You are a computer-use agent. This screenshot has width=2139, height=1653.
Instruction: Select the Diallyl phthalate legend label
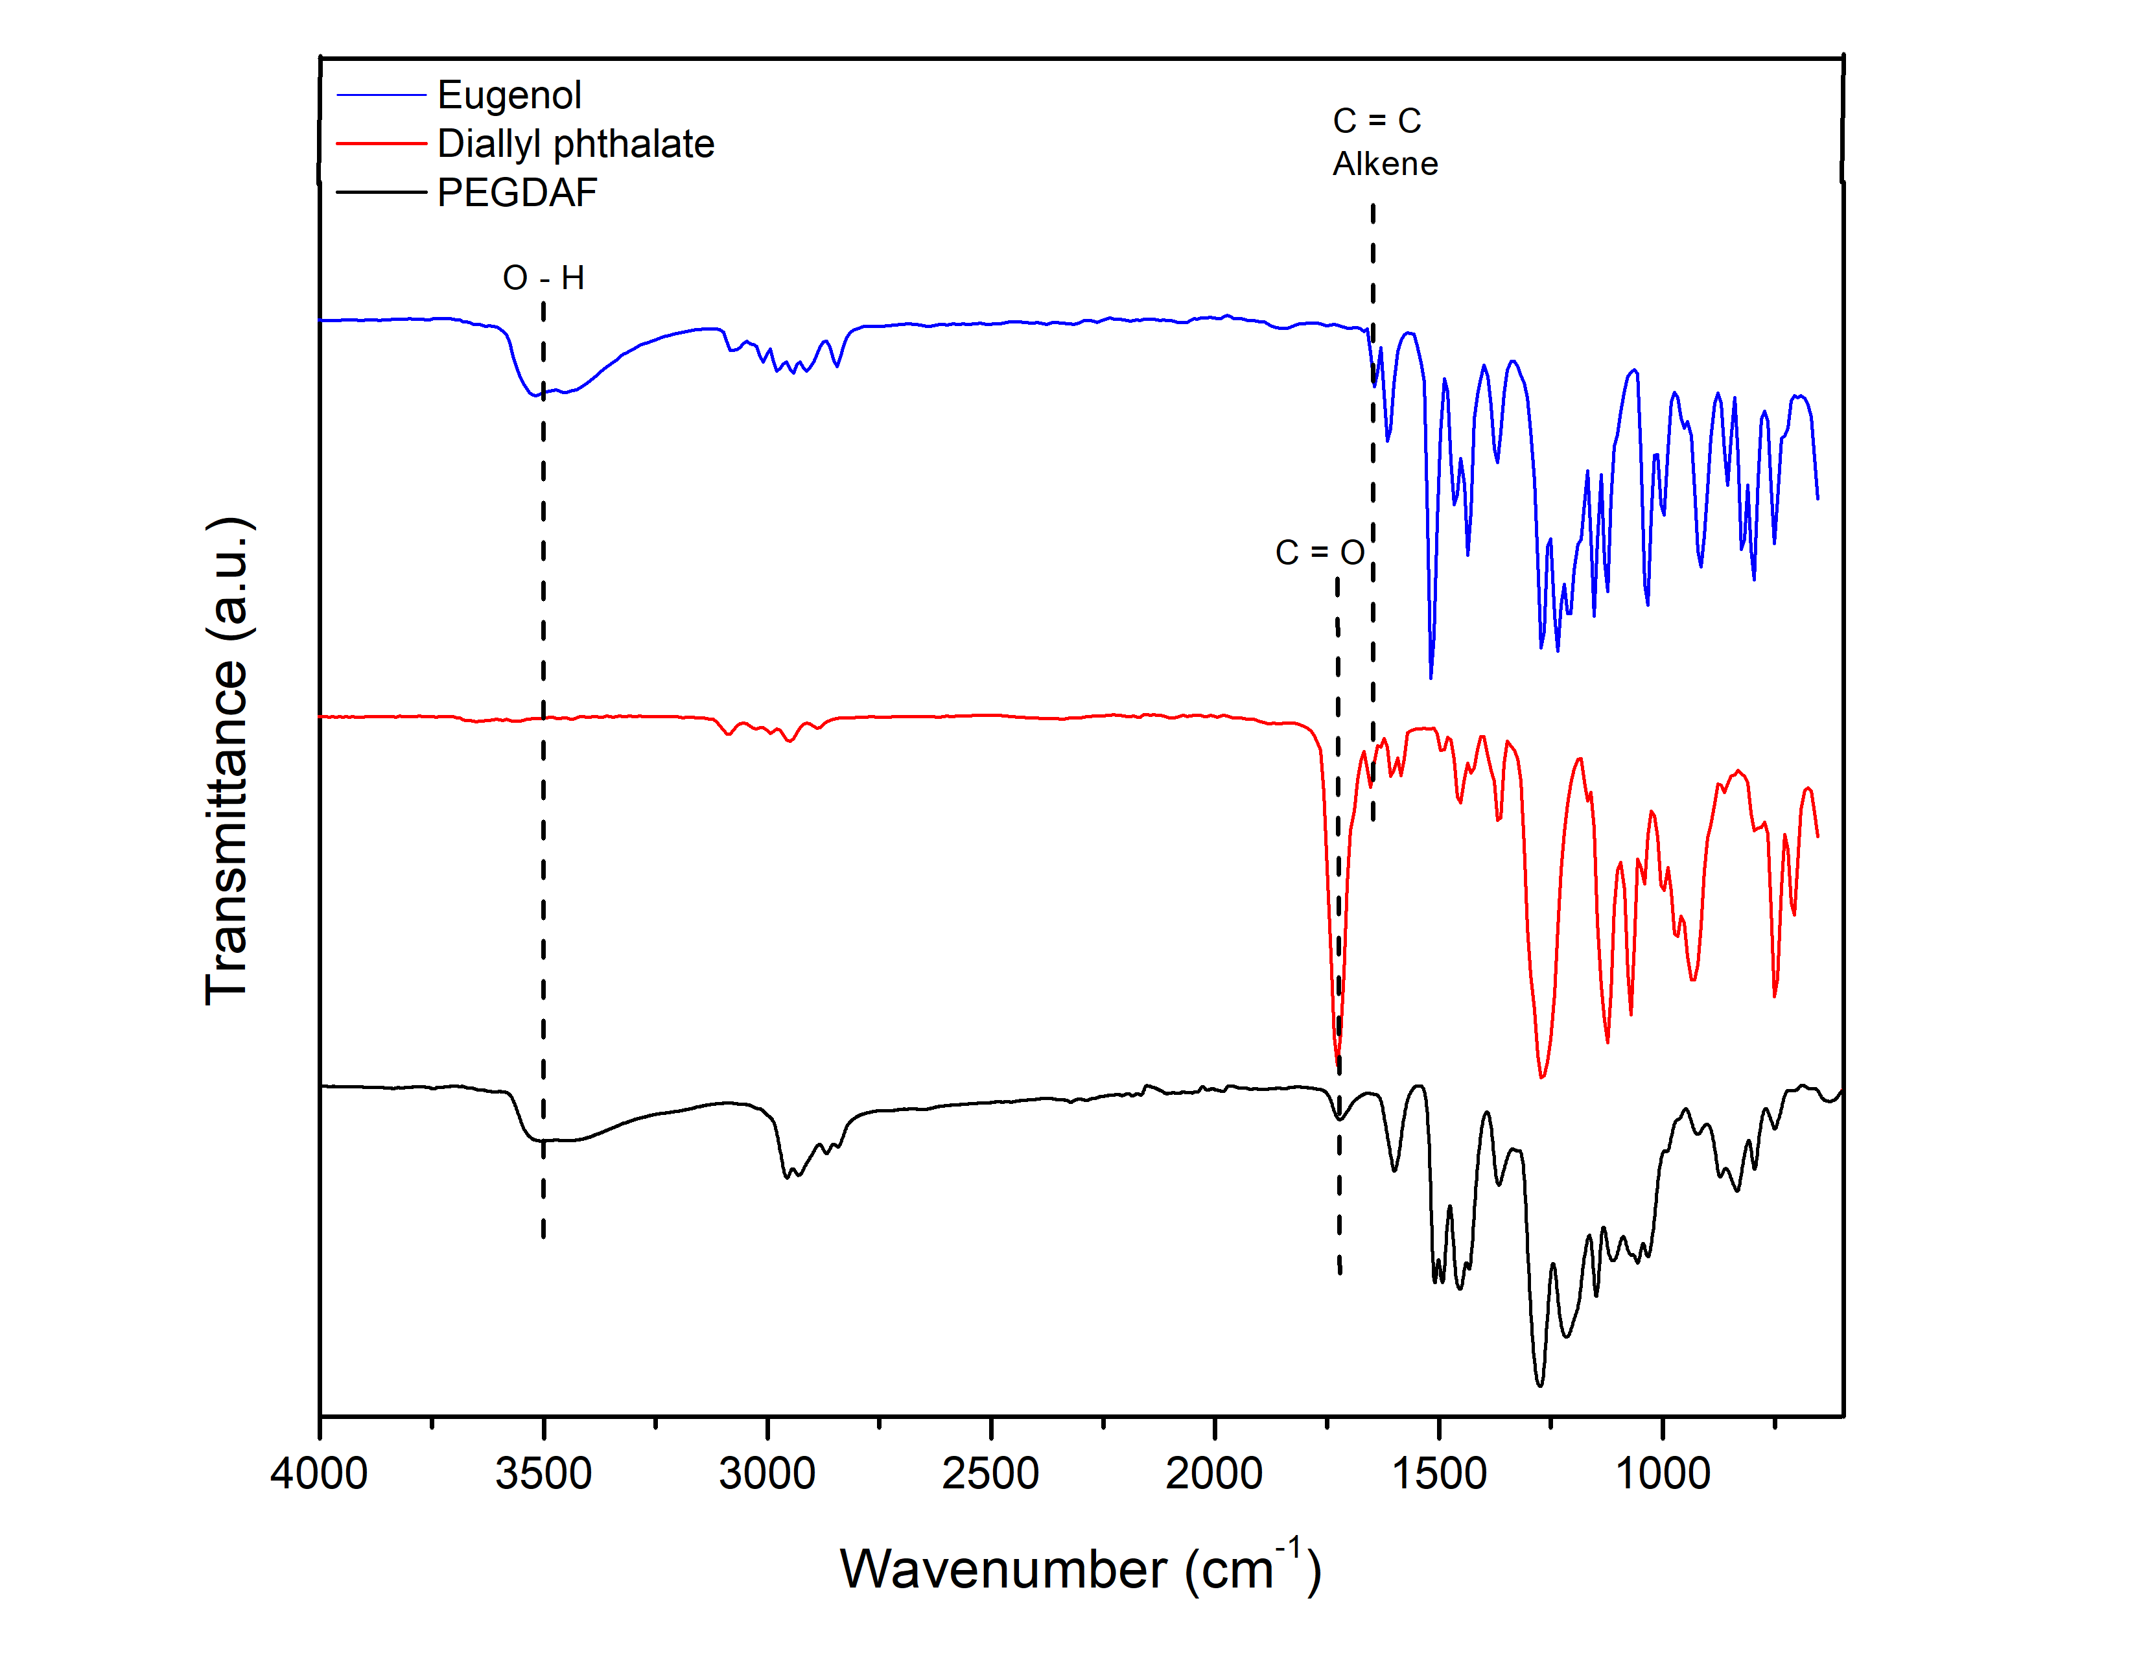click(575, 144)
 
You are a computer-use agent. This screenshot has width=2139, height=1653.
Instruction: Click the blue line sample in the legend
click(381, 95)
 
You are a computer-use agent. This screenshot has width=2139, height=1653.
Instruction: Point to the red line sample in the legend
click(381, 144)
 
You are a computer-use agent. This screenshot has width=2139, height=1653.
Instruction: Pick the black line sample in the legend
click(381, 193)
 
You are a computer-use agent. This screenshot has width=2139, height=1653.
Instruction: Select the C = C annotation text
click(1376, 121)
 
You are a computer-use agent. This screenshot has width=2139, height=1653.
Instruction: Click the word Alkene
click(1385, 163)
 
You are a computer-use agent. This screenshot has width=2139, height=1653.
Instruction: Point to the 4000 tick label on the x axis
click(320, 1474)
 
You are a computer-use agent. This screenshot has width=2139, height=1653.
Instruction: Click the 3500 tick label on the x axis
click(544, 1474)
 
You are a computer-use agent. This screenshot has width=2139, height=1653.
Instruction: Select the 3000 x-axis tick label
click(767, 1474)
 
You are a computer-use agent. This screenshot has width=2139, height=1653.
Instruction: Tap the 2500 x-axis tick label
click(990, 1474)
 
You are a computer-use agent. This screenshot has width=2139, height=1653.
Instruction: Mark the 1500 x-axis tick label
click(1439, 1474)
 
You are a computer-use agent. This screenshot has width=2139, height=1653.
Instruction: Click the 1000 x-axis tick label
click(1662, 1474)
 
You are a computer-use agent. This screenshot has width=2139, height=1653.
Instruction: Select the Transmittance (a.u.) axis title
click(228, 761)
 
